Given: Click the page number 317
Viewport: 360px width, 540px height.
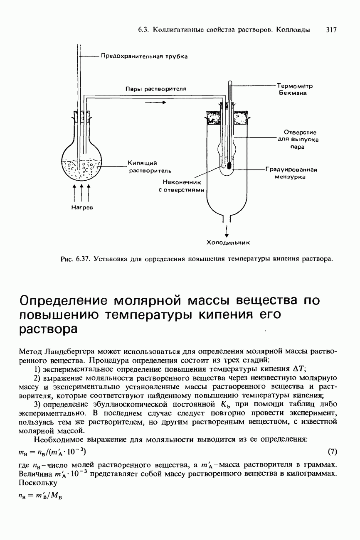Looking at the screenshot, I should point(331,30).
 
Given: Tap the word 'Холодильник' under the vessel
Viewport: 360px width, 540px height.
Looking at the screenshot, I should point(227,242).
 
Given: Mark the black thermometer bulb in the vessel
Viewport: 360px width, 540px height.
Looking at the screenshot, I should point(229,166).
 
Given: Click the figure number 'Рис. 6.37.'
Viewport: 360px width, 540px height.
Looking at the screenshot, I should point(76,260).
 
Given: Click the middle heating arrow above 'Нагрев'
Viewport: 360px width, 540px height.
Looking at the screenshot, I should point(81,192).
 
